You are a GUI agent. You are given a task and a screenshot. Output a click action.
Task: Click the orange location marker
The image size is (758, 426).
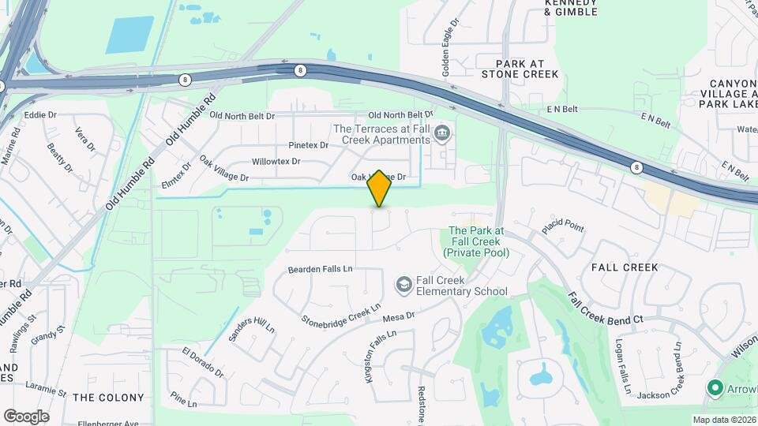[x=380, y=188]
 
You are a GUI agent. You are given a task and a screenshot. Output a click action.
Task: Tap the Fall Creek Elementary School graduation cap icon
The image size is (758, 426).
[x=403, y=284]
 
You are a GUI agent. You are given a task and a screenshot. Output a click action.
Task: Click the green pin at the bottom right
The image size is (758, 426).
[x=715, y=387]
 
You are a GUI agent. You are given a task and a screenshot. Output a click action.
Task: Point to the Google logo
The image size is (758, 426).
[x=26, y=417]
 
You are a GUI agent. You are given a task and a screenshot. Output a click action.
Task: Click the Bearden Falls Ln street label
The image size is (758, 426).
[x=320, y=269]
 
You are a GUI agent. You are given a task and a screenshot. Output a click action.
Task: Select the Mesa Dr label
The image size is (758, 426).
[x=399, y=317]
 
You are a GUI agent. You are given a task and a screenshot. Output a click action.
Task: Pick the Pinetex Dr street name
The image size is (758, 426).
[x=308, y=145]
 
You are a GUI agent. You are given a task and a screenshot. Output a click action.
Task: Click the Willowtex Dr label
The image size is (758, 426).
[x=276, y=162]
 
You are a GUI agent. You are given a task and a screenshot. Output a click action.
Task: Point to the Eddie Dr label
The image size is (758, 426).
[x=40, y=115]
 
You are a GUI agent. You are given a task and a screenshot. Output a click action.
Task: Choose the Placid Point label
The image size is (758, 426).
[x=563, y=228]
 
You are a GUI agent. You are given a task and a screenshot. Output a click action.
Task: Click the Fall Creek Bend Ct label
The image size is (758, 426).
[x=606, y=309]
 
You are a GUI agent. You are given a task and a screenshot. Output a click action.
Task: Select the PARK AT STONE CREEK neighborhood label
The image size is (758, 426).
[x=527, y=69]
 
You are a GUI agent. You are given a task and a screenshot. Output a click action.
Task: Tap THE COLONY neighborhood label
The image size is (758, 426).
[x=108, y=398]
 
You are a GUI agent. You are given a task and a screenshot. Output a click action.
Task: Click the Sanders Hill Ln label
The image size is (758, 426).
[x=251, y=335]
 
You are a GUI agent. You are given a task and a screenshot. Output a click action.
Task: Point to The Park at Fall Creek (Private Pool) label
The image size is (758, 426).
[x=476, y=241]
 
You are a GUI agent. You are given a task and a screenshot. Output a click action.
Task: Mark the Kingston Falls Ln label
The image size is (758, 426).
[x=379, y=357]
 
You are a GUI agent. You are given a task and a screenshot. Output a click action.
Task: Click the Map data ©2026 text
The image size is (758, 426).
[x=723, y=420]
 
